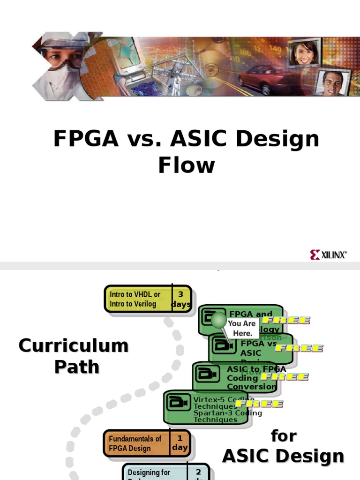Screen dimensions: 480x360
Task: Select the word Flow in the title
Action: tap(186, 165)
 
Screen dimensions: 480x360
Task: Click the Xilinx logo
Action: tap(328, 255)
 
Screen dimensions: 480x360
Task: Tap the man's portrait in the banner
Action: tap(332, 82)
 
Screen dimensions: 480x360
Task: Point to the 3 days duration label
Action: tap(181, 299)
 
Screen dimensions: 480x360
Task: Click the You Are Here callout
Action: tap(242, 328)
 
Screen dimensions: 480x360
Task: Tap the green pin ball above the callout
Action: tap(218, 320)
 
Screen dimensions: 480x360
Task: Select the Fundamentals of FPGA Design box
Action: tap(135, 443)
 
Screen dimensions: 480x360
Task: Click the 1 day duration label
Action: tap(180, 443)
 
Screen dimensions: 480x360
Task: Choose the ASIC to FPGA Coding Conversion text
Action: tap(253, 378)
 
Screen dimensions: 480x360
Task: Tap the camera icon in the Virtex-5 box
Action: tap(178, 403)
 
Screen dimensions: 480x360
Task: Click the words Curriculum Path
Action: tap(74, 356)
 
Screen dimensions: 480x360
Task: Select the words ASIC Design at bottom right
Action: tap(283, 456)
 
